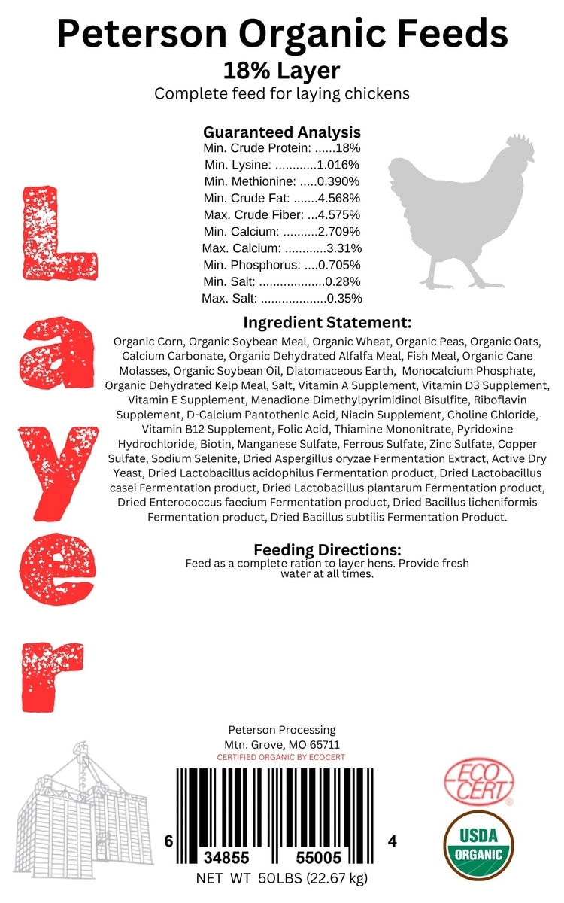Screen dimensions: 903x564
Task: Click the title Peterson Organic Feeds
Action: [x=282, y=35]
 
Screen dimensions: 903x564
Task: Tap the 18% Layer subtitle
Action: [x=282, y=71]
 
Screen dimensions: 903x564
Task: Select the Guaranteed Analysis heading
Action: [x=282, y=132]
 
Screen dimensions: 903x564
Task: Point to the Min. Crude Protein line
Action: [x=282, y=148]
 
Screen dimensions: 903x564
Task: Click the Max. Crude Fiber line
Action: [x=282, y=214]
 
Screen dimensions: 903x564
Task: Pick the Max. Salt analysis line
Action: [x=282, y=298]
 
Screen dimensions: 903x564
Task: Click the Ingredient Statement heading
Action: [x=327, y=323]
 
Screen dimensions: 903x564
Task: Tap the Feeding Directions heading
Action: [x=327, y=549]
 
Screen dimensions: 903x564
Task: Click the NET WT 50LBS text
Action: [x=281, y=878]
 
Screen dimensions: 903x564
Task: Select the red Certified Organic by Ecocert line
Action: [x=281, y=757]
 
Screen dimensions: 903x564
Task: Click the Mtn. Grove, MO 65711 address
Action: [x=281, y=744]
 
